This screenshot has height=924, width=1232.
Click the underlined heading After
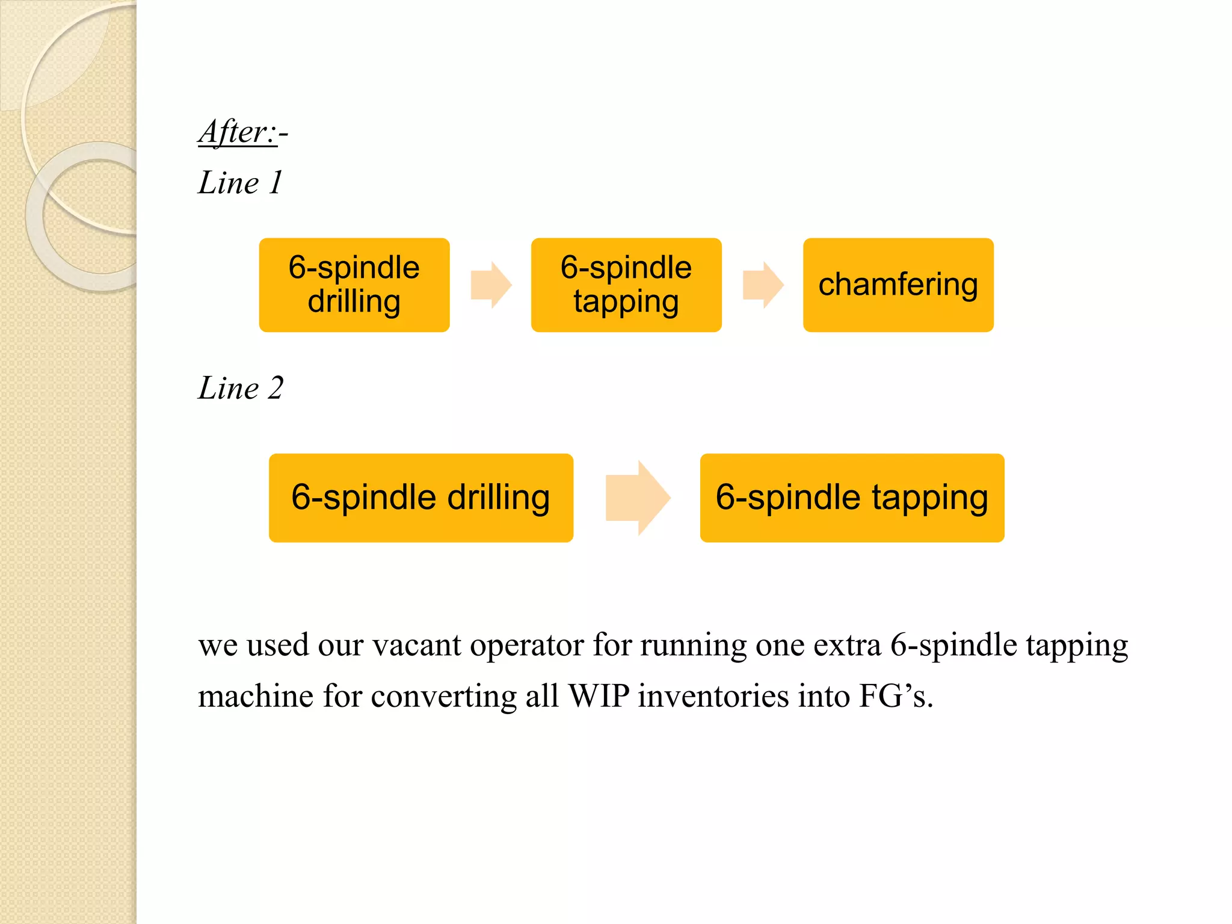[238, 132]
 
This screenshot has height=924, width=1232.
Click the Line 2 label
[241, 387]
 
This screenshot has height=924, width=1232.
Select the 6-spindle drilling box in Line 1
[354, 285]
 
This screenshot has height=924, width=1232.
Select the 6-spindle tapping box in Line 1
[626, 285]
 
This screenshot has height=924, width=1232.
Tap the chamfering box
[898, 285]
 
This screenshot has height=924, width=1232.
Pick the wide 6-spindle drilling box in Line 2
[421, 497]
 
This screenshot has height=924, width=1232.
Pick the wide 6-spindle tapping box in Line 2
[852, 497]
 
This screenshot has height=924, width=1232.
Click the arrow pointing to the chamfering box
[763, 285]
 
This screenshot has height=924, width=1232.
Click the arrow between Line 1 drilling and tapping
[491, 285]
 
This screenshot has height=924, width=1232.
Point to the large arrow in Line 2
[637, 498]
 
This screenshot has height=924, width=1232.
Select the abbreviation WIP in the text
[599, 697]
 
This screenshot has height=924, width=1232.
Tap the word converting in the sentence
[443, 697]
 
